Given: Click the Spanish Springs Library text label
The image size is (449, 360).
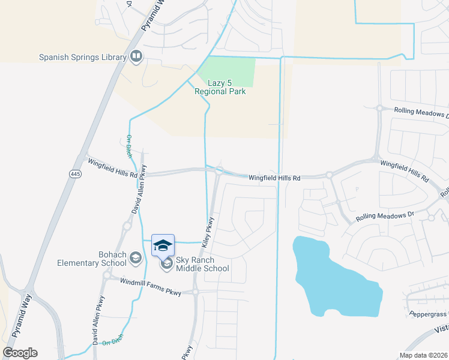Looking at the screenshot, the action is coord(83,58).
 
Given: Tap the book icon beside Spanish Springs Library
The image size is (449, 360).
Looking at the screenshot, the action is coord(136,57).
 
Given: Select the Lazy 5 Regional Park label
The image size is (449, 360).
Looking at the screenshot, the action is coord(220,88).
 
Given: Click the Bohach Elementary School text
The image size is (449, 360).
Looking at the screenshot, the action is coord(92,259).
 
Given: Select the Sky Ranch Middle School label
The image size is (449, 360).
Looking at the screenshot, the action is coord(202,264).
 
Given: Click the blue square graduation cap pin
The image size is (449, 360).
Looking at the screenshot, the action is coord(163,245).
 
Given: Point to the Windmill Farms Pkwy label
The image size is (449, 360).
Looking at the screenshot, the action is coord(150,283).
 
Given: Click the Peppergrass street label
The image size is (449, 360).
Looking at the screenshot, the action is coord(428,314).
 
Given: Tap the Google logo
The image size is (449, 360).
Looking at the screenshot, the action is coord(20,353).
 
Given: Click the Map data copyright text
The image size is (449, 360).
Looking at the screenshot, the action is coord(423,355).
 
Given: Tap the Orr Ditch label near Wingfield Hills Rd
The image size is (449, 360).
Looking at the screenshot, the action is coord(129,146).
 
